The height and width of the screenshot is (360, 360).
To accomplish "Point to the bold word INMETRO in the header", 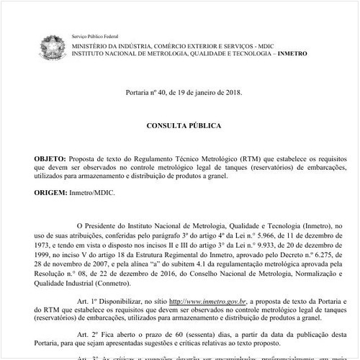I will [x=306, y=54].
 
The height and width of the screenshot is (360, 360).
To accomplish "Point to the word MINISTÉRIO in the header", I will [x=96, y=45].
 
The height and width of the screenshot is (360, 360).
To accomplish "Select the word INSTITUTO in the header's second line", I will [x=94, y=54].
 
